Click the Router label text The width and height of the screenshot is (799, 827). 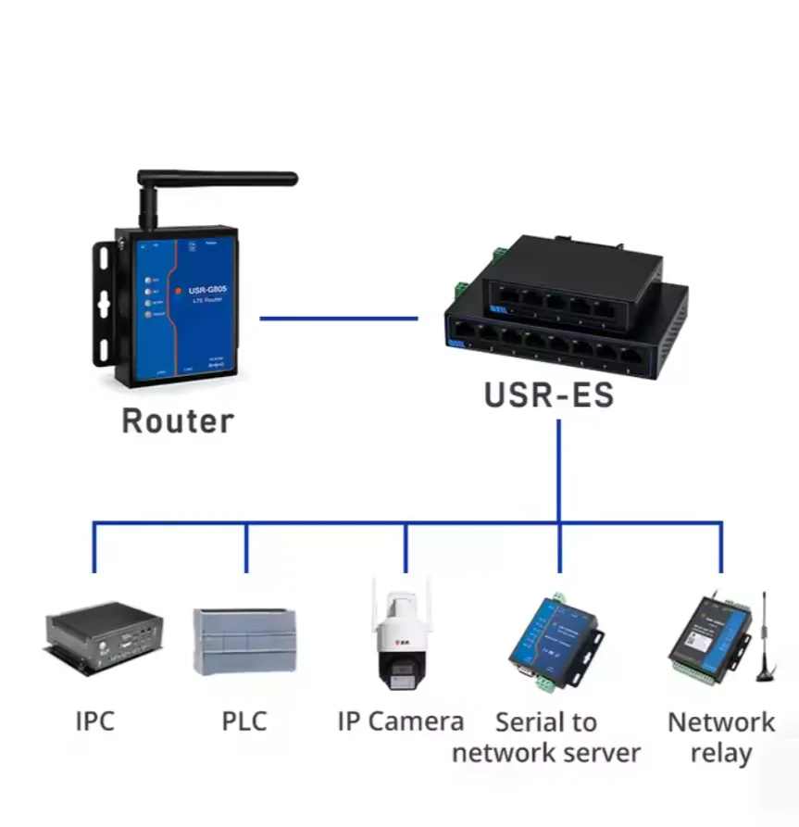178,421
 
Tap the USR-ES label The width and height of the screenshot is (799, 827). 548,395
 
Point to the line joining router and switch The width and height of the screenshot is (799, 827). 338,319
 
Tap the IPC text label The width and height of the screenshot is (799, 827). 95,720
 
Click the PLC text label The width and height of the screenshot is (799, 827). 244,720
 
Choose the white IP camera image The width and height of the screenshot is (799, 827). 402,639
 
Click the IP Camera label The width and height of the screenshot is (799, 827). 400,720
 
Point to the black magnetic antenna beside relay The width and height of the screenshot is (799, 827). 765,644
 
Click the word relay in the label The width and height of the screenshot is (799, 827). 720,753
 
